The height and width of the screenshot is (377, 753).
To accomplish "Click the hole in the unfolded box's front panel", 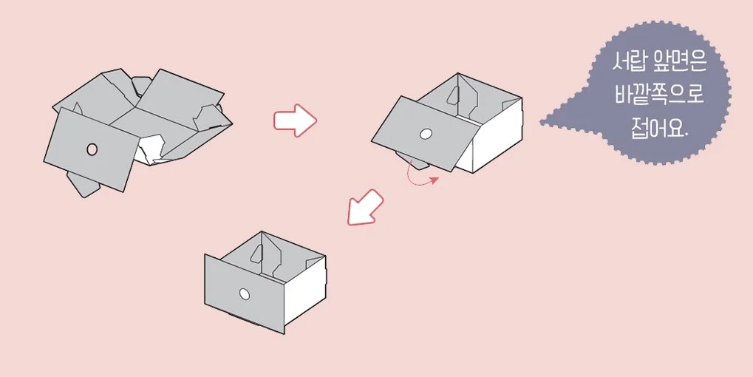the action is point(92,149).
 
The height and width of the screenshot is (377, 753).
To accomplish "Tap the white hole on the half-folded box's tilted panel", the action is point(426,135).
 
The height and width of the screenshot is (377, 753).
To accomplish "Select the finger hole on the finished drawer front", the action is point(245,294).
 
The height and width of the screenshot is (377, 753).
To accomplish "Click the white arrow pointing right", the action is point(295,120).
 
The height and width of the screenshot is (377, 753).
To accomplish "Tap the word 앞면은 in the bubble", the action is point(682,63).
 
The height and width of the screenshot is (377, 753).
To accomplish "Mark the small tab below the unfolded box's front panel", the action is point(83,184).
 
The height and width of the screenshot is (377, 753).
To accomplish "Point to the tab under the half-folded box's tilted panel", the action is point(413,160).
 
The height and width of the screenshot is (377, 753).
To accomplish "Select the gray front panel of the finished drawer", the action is point(245,293).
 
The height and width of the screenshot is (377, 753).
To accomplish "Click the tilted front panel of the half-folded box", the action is point(425,133).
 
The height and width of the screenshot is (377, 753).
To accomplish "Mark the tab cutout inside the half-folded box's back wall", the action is point(453,95).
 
